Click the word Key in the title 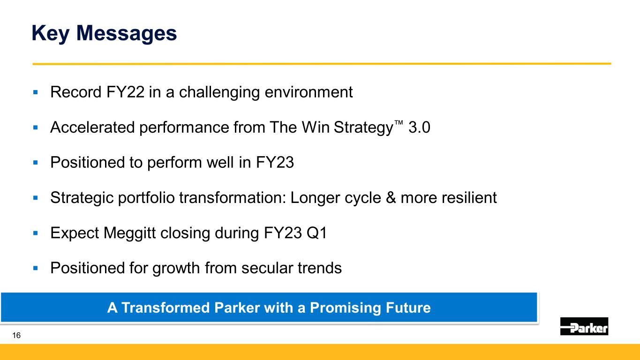tap(50, 34)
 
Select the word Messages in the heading tap(127, 34)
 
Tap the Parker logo tap(584, 326)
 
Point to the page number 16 tap(16, 335)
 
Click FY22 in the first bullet tap(125, 92)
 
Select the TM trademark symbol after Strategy tap(399, 123)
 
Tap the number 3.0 tap(419, 127)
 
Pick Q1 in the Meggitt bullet tap(316, 233)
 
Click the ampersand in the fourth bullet tap(391, 198)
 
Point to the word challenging tap(219, 92)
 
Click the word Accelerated tap(92, 127)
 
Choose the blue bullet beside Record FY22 tap(36, 92)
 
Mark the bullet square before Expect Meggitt tap(36, 233)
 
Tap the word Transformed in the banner tap(166, 307)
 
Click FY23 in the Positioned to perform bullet tap(275, 162)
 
